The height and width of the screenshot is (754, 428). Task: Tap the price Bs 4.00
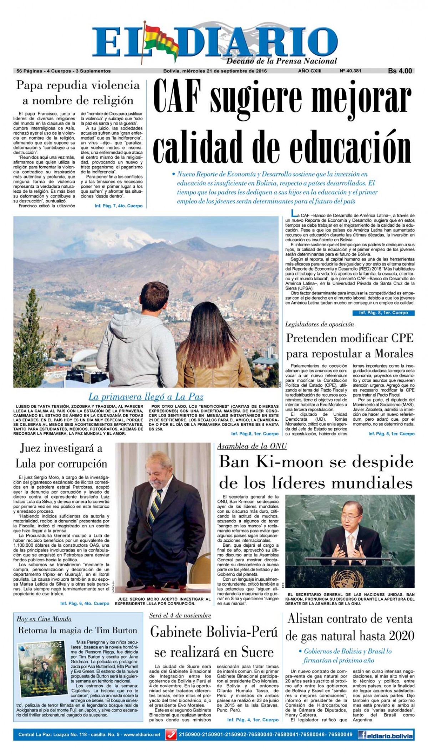pos(400,71)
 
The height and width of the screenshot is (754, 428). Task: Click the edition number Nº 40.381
pos(351,71)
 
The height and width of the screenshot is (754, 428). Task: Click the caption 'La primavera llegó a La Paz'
pos(146,396)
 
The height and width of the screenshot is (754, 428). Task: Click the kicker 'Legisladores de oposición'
pos(320,324)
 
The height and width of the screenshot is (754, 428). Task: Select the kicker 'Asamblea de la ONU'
pos(252,446)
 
